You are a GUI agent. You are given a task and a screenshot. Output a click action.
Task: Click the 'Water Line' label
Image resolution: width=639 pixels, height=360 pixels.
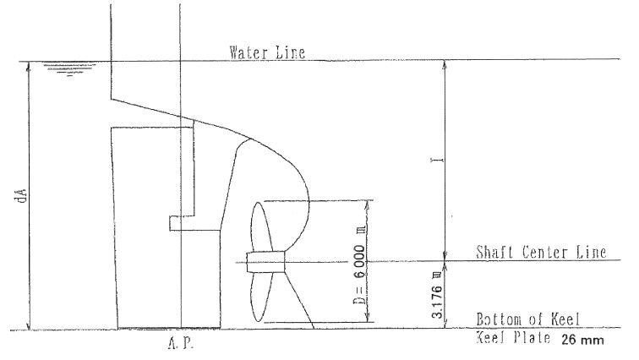click(x=267, y=52)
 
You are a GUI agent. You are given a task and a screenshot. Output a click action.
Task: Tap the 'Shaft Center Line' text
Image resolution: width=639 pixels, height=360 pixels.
click(x=541, y=252)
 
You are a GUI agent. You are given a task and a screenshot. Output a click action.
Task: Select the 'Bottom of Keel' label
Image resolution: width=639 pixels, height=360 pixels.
click(x=527, y=319)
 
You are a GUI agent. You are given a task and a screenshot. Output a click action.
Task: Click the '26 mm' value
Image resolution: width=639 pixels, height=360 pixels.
click(x=582, y=340)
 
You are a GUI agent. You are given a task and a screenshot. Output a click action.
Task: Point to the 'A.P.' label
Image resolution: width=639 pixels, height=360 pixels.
click(x=181, y=343)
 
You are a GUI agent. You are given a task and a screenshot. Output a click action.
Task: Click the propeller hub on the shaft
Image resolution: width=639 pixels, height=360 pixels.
click(x=265, y=262)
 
